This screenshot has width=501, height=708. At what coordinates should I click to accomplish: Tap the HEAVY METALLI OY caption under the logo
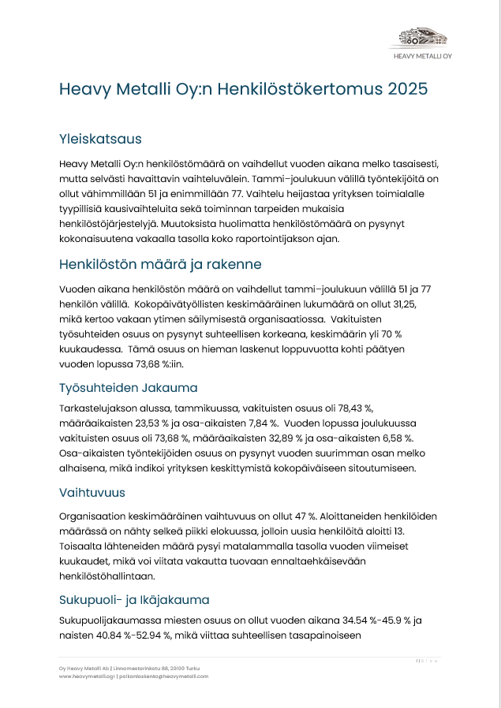tap(424, 57)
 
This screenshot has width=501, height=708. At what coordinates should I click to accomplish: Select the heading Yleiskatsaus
tap(100, 139)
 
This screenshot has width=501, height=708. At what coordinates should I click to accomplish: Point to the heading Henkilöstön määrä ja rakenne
tap(160, 263)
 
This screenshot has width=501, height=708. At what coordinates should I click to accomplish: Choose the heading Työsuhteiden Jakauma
tap(128, 388)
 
